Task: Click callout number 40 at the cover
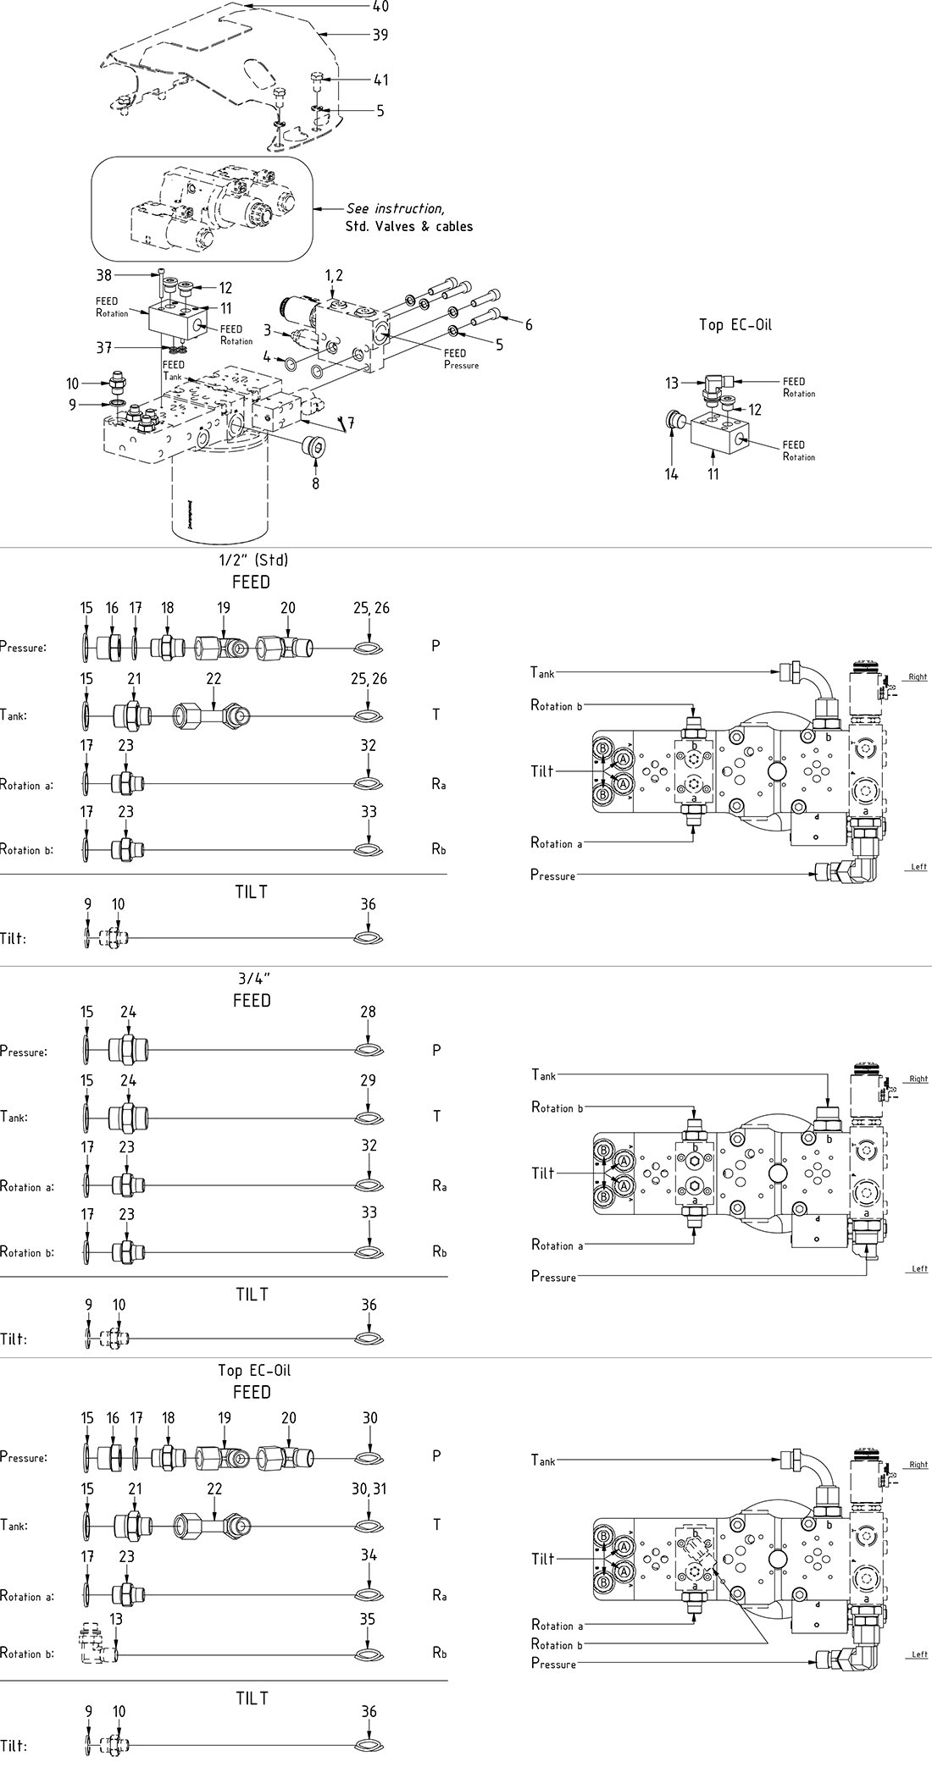coord(380,7)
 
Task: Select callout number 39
coord(380,35)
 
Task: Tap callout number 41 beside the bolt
coord(380,80)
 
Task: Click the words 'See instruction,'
coord(394,208)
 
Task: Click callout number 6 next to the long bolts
coord(528,324)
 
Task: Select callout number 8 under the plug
coord(316,484)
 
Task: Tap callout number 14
coord(671,474)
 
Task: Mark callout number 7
coord(350,422)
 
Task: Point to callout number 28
coord(368,1012)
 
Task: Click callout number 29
coord(368,1080)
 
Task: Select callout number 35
coord(368,1620)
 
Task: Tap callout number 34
coord(368,1554)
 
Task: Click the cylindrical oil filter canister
coord(219,500)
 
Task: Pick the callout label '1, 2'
coord(334,276)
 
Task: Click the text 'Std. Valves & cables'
coord(408,227)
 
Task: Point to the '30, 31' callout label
coord(369,1488)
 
